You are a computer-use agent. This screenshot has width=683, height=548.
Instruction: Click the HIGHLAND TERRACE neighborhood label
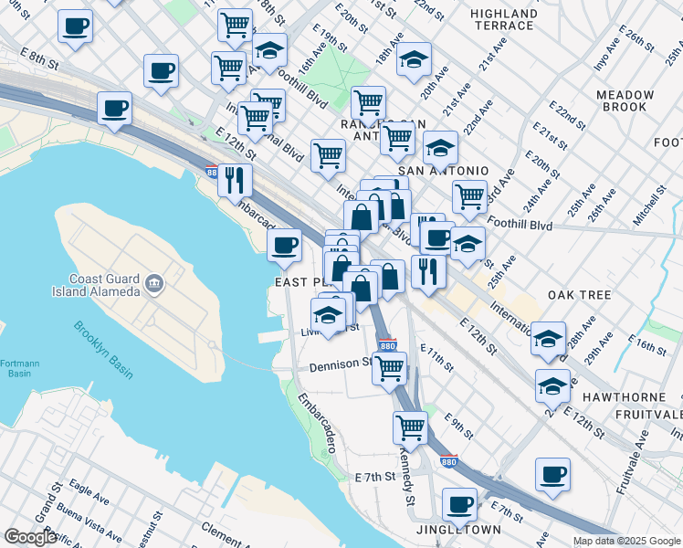click(x=503, y=19)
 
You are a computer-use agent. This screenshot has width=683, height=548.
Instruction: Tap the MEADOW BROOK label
click(x=625, y=100)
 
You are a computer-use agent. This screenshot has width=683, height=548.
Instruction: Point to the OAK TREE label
click(x=579, y=295)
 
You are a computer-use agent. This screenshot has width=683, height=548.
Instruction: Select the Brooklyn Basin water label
click(x=103, y=350)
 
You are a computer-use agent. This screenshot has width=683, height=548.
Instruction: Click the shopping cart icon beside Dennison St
click(x=390, y=367)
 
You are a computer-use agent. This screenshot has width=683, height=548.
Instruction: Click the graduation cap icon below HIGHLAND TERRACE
click(x=415, y=60)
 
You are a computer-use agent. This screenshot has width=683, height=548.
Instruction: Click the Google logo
click(x=30, y=537)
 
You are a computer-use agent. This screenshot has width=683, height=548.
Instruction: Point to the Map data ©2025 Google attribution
click(x=625, y=541)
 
